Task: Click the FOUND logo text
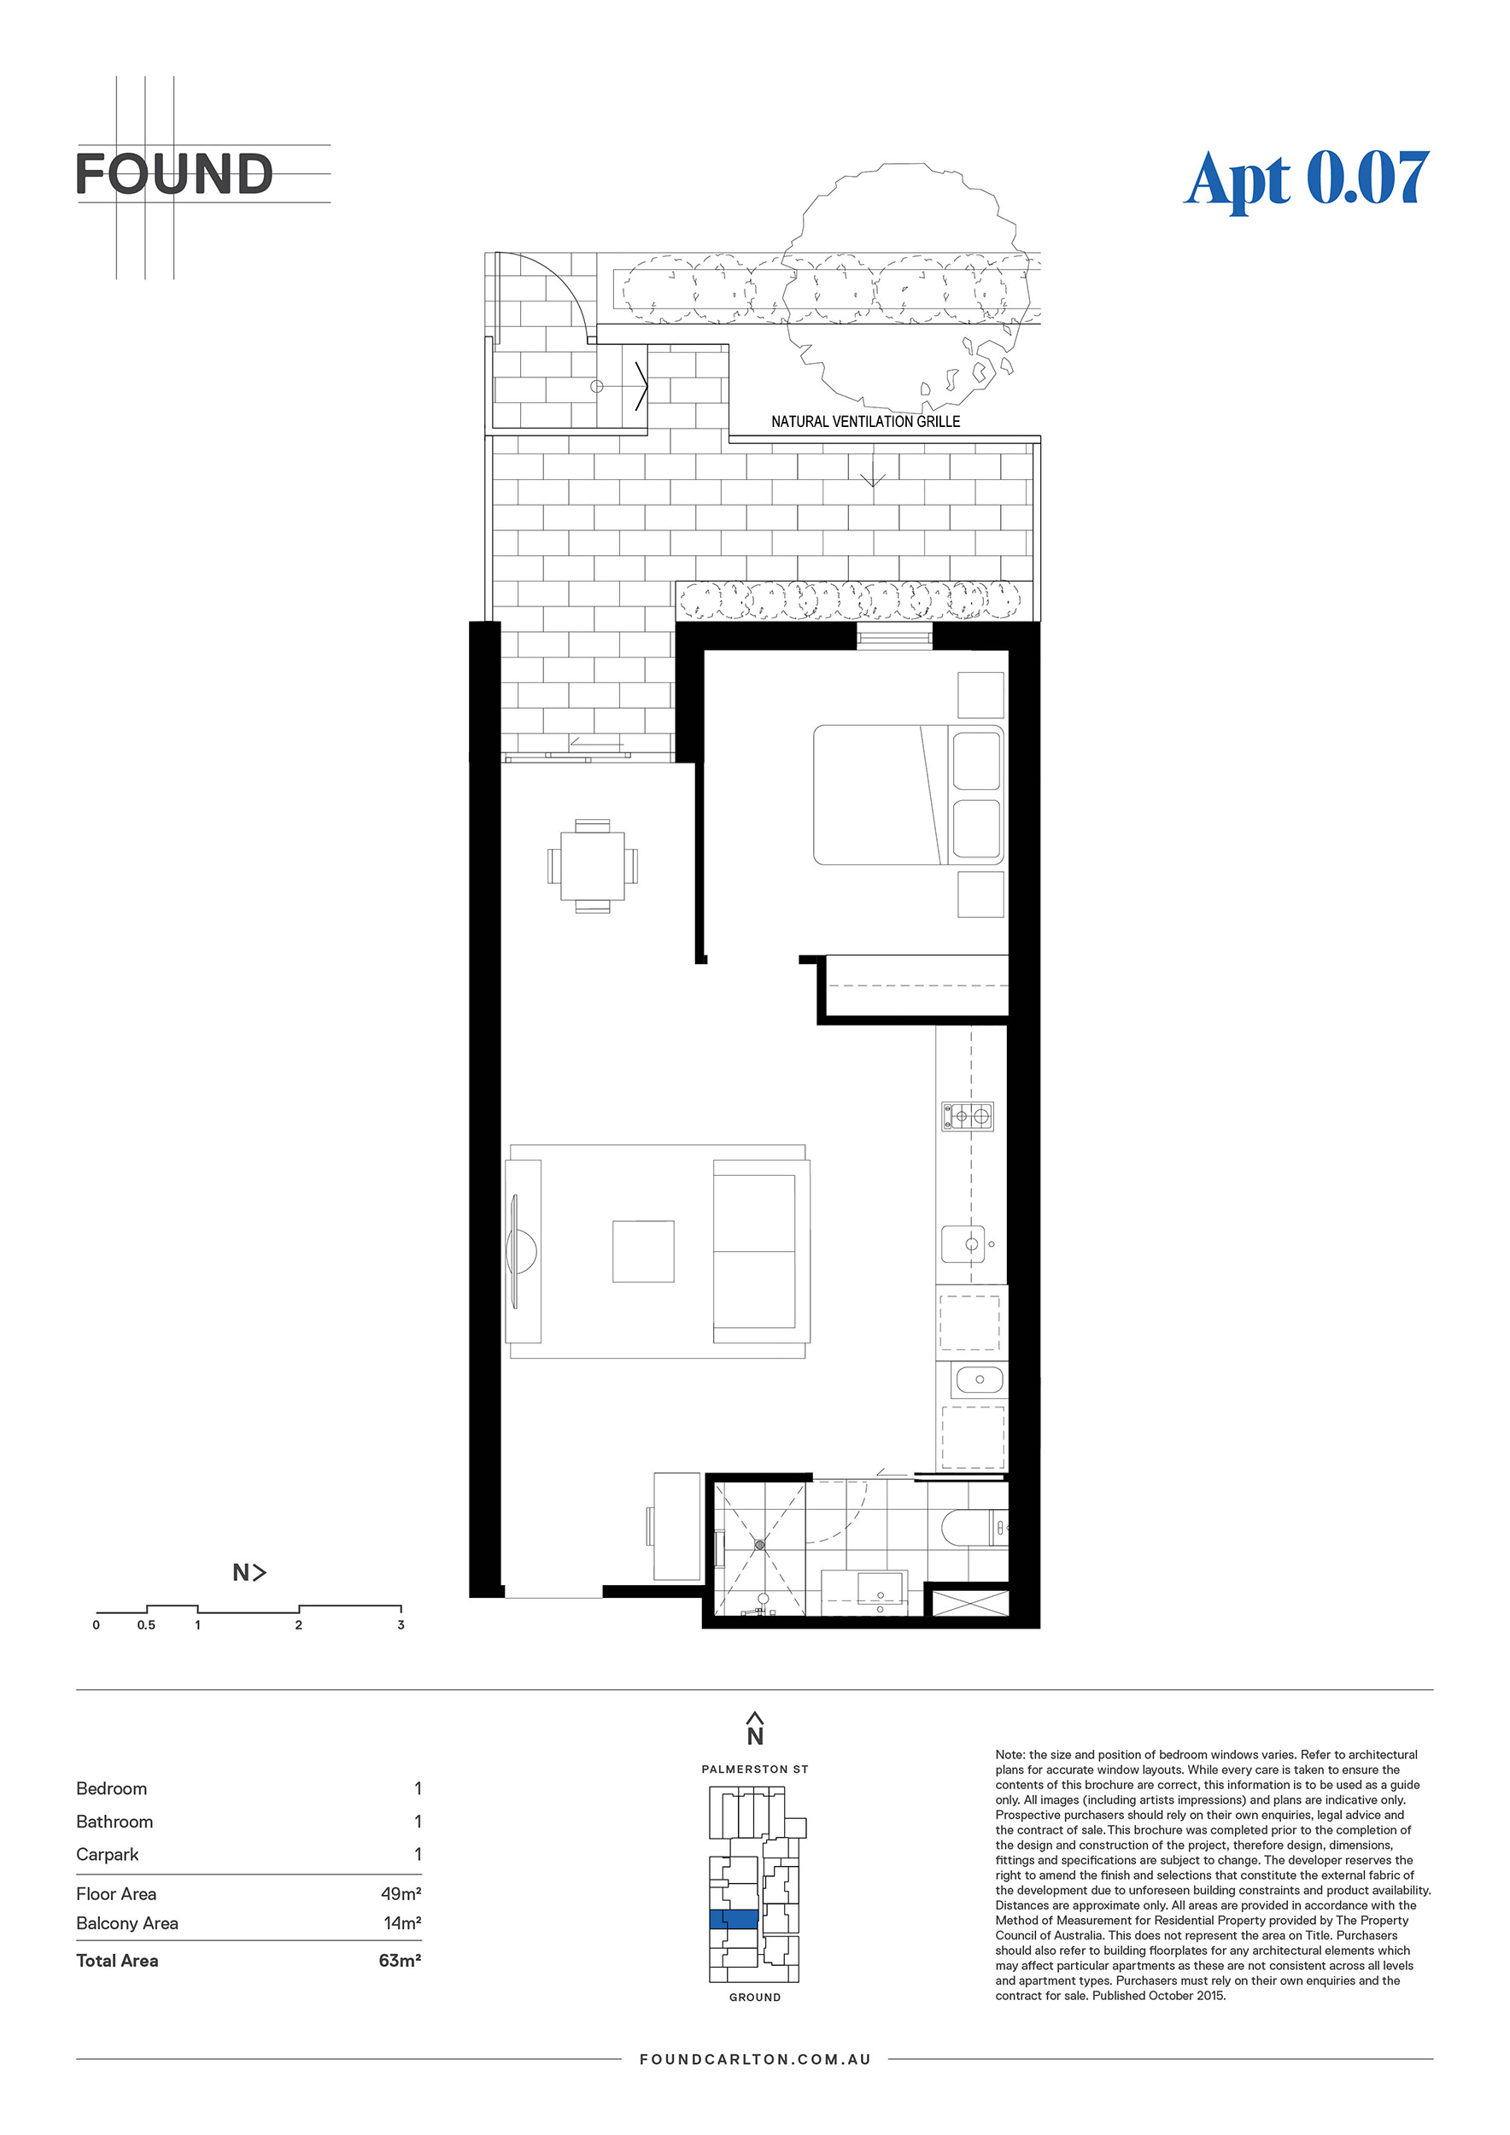pos(174,174)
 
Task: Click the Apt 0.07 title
pos(1307,179)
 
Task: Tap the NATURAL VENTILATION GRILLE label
pos(866,421)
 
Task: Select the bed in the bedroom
pos(909,795)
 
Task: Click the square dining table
pos(592,866)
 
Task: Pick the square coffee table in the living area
pos(642,1252)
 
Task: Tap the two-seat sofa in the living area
pos(761,1251)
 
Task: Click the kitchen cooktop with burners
pos(967,1116)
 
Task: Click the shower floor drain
pos(759,1545)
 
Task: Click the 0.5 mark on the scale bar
pos(146,1625)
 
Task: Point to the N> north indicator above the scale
pos(249,1572)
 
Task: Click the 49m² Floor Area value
pos(401,1894)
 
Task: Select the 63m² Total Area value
pos(400,1961)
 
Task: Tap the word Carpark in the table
pos(107,1854)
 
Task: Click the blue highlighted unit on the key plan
pos(734,1919)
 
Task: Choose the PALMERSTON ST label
pos(755,1769)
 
